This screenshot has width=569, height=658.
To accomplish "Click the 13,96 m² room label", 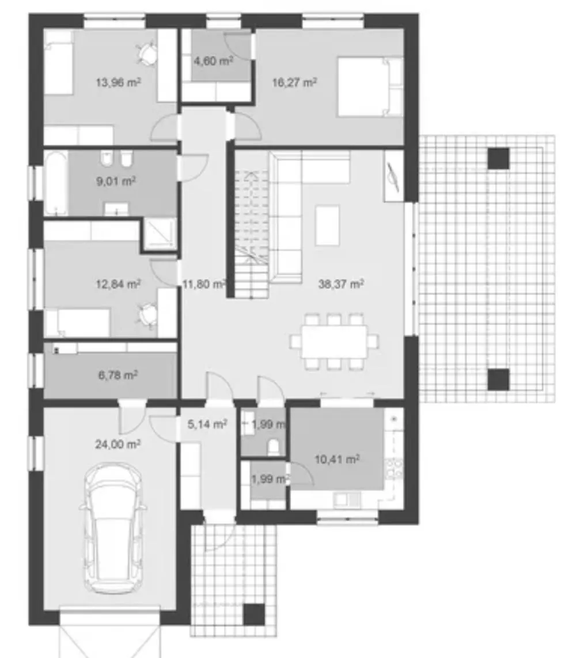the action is click(118, 82).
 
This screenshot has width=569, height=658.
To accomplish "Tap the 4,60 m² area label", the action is click(213, 61).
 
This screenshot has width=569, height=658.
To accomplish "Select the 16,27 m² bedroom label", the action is click(294, 82).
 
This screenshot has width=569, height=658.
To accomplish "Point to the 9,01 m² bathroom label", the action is click(116, 181).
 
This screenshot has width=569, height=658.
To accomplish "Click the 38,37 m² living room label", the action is click(340, 284).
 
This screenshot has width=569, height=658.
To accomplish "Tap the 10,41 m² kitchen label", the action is click(337, 459).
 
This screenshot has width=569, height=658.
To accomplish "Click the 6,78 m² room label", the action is click(118, 375).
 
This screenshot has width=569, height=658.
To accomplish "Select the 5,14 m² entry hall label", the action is click(207, 424).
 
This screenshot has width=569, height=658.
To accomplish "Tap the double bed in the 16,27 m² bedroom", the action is click(370, 87).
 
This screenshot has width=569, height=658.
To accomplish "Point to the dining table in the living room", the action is click(335, 341).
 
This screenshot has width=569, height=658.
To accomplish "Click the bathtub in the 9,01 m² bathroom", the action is click(56, 183).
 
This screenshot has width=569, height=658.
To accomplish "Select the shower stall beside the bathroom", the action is click(160, 234).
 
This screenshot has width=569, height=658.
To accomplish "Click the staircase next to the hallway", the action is click(251, 233).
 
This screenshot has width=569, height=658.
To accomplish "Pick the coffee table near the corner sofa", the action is click(328, 225).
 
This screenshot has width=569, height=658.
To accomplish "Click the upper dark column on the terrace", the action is click(499, 158).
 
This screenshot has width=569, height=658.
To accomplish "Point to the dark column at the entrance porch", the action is click(255, 614).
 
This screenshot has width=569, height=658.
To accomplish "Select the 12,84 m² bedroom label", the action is click(118, 284).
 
